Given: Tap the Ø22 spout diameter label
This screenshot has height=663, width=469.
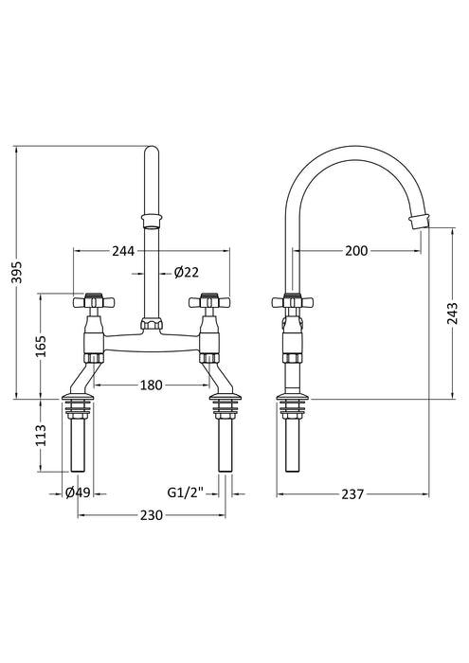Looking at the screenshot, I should (187, 273).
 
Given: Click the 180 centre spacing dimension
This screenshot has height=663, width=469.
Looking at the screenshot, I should (152, 385).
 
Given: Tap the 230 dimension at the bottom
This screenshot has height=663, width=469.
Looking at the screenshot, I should (152, 515).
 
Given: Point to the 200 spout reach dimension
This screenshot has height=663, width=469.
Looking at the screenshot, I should (357, 251).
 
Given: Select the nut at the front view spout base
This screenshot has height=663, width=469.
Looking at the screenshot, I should (152, 327).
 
